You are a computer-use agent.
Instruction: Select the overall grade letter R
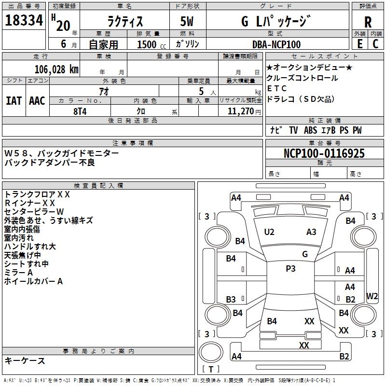tap(368, 22)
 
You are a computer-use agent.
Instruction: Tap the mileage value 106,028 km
tap(56, 69)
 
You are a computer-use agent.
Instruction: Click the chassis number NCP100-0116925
tap(324, 154)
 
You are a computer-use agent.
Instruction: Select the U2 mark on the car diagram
tap(269, 232)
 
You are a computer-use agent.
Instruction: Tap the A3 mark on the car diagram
tap(311, 232)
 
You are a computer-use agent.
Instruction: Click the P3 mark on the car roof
tap(290, 269)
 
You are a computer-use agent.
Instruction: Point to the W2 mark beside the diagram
tap(372, 296)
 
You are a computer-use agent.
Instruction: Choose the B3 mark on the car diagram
tap(231, 299)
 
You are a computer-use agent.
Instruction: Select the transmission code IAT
tap(14, 101)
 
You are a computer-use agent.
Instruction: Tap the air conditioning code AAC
tap(37, 101)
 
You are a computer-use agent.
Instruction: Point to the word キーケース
tap(25, 361)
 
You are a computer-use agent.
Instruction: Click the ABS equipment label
tap(311, 130)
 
